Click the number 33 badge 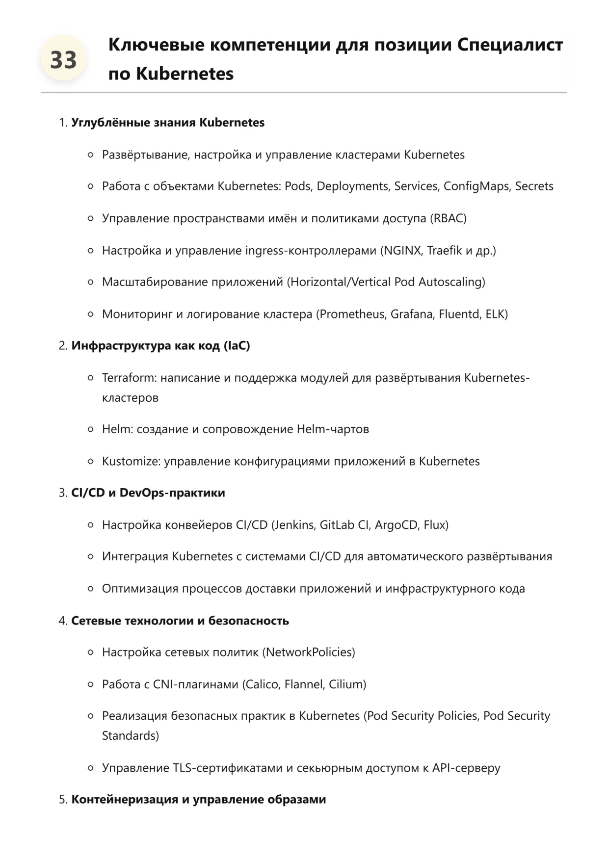click(x=63, y=60)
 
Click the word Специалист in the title click(x=510, y=45)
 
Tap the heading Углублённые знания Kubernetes click(x=168, y=123)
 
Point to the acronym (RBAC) click(x=448, y=218)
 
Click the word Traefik click(x=444, y=251)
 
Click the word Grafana click(x=412, y=314)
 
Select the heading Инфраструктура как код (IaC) click(x=160, y=346)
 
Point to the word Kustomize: click(x=131, y=461)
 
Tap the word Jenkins click(x=293, y=525)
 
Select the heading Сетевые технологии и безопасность click(x=180, y=621)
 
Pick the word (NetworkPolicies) click(x=309, y=652)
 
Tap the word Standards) click(x=130, y=736)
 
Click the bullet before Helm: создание click(x=90, y=429)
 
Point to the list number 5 click(x=63, y=800)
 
